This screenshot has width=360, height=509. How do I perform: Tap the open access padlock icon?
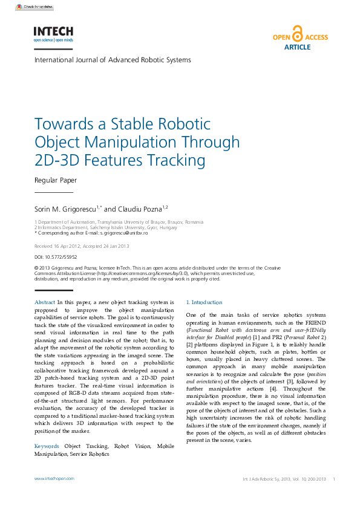point(296,33)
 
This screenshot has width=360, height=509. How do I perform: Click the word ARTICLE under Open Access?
point(297,47)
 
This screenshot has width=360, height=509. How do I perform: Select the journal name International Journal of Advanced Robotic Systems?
point(113,60)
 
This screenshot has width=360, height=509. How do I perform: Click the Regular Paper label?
point(56,180)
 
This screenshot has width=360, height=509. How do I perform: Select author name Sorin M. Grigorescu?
point(67,209)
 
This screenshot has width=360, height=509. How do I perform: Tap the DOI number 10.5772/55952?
point(64,257)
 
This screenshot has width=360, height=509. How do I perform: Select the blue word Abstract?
point(45,302)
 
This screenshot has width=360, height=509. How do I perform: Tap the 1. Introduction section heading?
point(205,302)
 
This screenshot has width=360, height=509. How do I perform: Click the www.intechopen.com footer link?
point(54,478)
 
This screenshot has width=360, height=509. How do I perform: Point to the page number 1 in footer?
point(334,478)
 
